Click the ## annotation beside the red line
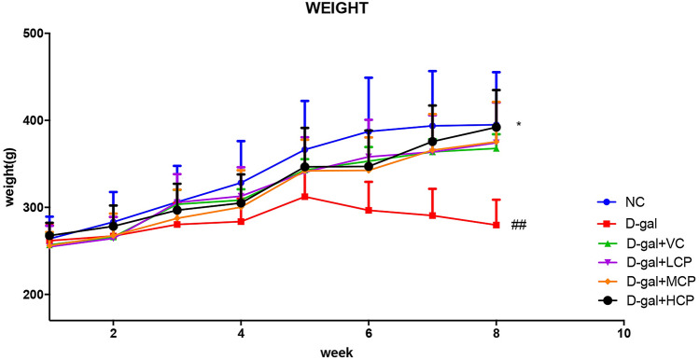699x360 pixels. (x=518, y=225)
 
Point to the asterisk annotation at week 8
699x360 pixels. (x=518, y=125)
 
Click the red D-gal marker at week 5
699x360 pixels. (x=304, y=197)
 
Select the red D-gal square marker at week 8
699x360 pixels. (x=496, y=225)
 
